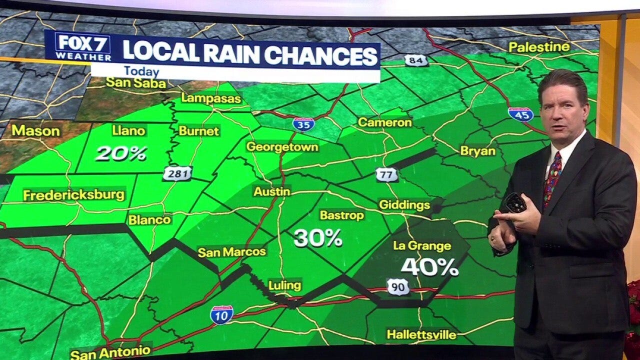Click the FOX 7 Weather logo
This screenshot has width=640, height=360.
point(83,46)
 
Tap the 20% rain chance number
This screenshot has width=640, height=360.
point(121,153)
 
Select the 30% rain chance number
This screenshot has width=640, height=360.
point(318,238)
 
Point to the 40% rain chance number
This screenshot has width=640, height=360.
point(430,267)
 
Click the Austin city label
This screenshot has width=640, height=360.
point(272,191)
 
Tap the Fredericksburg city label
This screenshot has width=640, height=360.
point(74,195)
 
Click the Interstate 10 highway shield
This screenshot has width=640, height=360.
point(221,315)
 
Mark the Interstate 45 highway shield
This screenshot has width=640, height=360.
point(520,114)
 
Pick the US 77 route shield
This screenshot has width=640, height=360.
point(387,174)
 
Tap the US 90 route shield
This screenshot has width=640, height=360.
point(398,286)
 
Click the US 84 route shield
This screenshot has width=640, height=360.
point(416,60)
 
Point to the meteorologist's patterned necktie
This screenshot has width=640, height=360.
point(552,177)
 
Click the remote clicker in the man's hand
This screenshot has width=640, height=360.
point(514,203)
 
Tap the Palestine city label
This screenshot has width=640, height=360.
point(539,47)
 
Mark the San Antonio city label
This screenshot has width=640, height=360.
point(110,352)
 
